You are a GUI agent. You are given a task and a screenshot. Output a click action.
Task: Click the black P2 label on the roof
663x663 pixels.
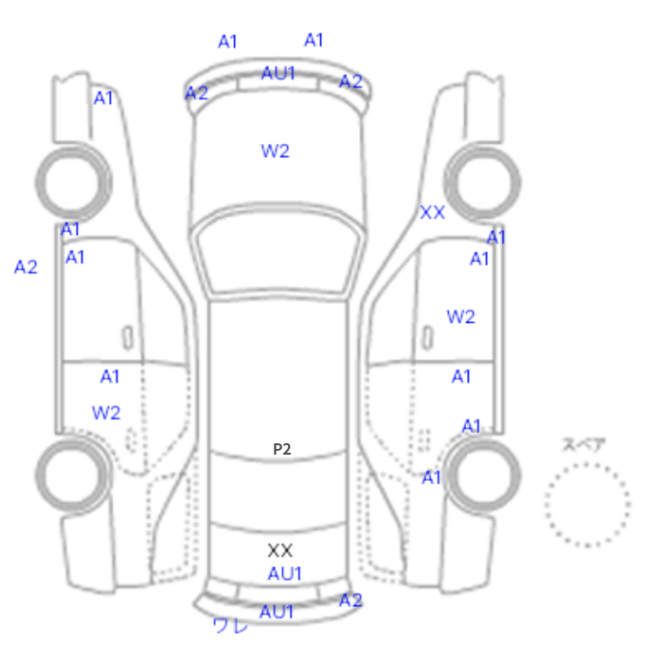click(x=282, y=449)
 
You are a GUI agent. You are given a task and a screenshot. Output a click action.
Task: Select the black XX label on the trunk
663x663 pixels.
click(x=280, y=550)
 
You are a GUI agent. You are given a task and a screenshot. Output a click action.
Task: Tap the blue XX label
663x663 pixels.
click(x=433, y=213)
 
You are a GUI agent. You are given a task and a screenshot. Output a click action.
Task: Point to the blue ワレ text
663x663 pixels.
click(x=230, y=625)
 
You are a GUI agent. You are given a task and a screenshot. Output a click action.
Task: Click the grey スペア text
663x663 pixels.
click(x=584, y=445)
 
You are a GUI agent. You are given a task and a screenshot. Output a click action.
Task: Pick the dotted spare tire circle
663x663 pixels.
click(x=587, y=505)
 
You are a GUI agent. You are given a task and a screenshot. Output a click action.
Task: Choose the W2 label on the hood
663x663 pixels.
click(x=276, y=151)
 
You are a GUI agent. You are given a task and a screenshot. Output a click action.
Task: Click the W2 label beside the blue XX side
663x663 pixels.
click(x=461, y=316)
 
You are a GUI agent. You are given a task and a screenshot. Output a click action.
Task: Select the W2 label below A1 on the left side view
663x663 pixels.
click(x=106, y=413)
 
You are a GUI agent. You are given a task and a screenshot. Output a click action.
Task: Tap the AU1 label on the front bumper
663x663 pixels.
click(x=278, y=73)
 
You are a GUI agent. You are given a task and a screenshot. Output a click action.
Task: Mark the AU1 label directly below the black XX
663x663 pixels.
click(x=284, y=574)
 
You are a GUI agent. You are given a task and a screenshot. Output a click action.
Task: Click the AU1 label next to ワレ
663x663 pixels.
click(x=277, y=612)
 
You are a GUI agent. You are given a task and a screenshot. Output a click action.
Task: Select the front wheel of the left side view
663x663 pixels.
click(x=74, y=183)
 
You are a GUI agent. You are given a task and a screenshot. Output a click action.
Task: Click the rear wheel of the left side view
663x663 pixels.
click(x=74, y=475)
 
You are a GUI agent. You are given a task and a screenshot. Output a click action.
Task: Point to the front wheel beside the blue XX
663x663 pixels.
click(x=482, y=183)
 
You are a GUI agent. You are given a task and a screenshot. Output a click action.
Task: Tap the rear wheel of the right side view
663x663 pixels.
click(x=482, y=475)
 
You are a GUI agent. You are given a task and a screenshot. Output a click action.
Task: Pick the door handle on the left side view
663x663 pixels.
click(x=127, y=338)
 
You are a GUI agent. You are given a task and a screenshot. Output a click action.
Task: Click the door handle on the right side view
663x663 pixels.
click(x=428, y=338)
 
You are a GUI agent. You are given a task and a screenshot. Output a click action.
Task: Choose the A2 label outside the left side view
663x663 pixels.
click(x=26, y=267)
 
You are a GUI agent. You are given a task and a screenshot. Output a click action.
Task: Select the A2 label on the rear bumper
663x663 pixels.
click(x=351, y=600)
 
